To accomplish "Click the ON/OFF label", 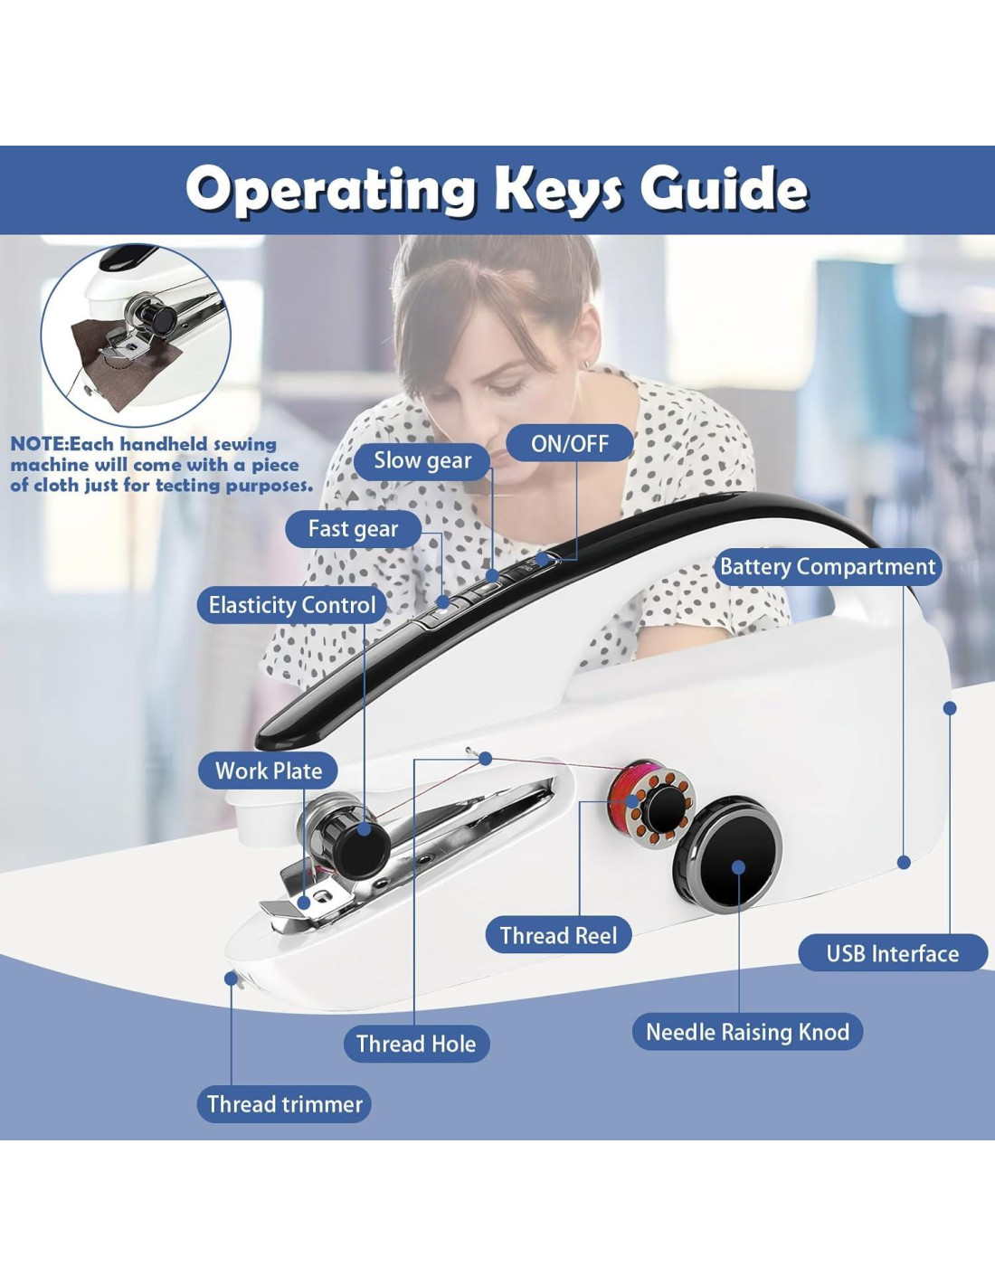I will coord(569,443).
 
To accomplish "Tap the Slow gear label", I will coord(422,460).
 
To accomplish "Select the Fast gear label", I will coord(353,529).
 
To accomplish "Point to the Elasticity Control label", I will coord(291,605).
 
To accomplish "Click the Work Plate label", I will coord(268,771).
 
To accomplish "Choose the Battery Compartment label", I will coord(827,567).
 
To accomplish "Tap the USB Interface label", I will coord(892,953).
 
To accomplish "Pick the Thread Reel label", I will coord(558,935).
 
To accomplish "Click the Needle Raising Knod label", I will coord(747,1032).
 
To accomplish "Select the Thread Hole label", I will coord(416,1044).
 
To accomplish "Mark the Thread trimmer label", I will coord(284,1104).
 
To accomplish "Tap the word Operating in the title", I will coord(331,190).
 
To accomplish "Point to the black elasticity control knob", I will coord(359,846).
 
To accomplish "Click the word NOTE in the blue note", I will coord(38,444).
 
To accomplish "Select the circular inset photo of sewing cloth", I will coord(136,335).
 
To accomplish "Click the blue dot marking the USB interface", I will coord(950,708).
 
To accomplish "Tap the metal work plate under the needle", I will coord(298,909).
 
